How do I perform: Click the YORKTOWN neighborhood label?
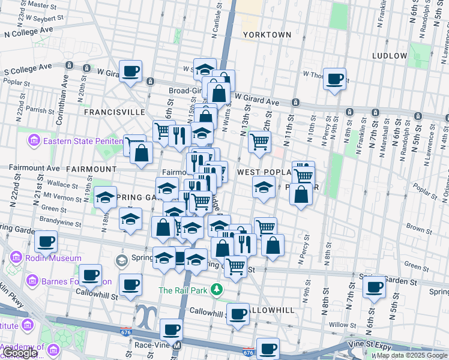[267, 35]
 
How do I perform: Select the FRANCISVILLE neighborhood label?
[115, 112]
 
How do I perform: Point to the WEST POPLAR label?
[264, 172]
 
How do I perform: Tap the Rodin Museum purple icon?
[16, 259]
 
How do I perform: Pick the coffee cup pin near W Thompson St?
[334, 78]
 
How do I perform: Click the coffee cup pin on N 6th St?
[375, 287]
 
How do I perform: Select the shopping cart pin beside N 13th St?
[259, 142]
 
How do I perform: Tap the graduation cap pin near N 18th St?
[106, 197]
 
